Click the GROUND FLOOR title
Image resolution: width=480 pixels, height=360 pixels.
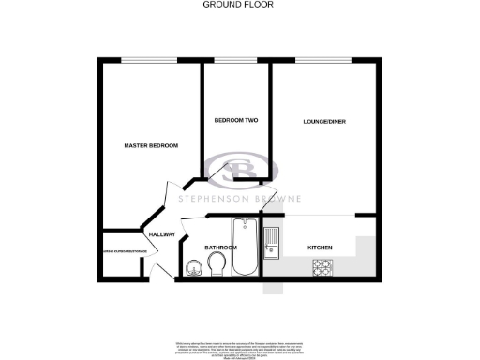pyautogui.click(x=239, y=5)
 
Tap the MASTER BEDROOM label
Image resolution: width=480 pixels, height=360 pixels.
pyautogui.click(x=151, y=146)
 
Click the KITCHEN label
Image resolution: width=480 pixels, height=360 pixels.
pyautogui.click(x=321, y=247)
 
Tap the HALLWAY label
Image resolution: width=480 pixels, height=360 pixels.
pyautogui.click(x=161, y=234)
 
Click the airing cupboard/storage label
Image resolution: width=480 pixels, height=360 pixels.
pyautogui.click(x=120, y=251)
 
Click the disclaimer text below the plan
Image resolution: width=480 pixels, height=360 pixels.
pyautogui.click(x=239, y=346)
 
